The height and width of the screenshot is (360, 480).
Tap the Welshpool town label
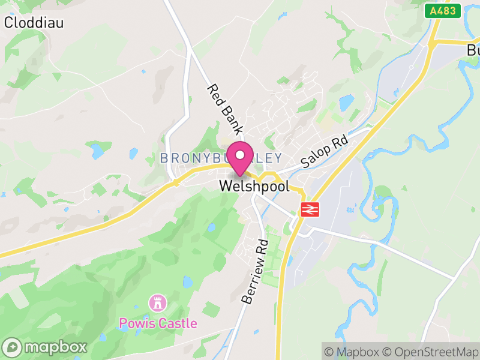[254, 186]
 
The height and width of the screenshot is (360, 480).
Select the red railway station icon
[309, 209]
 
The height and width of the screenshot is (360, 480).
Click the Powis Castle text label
[158, 323]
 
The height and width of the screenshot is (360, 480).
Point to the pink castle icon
[158, 302]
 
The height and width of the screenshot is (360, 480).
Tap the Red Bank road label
[224, 109]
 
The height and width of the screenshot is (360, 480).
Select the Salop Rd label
[325, 152]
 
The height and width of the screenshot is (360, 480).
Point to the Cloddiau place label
[34, 23]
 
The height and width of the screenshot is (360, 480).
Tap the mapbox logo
[46, 347]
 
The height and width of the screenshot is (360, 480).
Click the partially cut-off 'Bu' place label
[473, 50]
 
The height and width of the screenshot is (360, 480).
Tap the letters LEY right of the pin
[269, 158]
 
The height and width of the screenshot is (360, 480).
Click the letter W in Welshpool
[226, 186]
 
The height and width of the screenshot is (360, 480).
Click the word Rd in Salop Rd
[340, 143]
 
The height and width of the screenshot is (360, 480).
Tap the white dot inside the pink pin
[240, 155]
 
